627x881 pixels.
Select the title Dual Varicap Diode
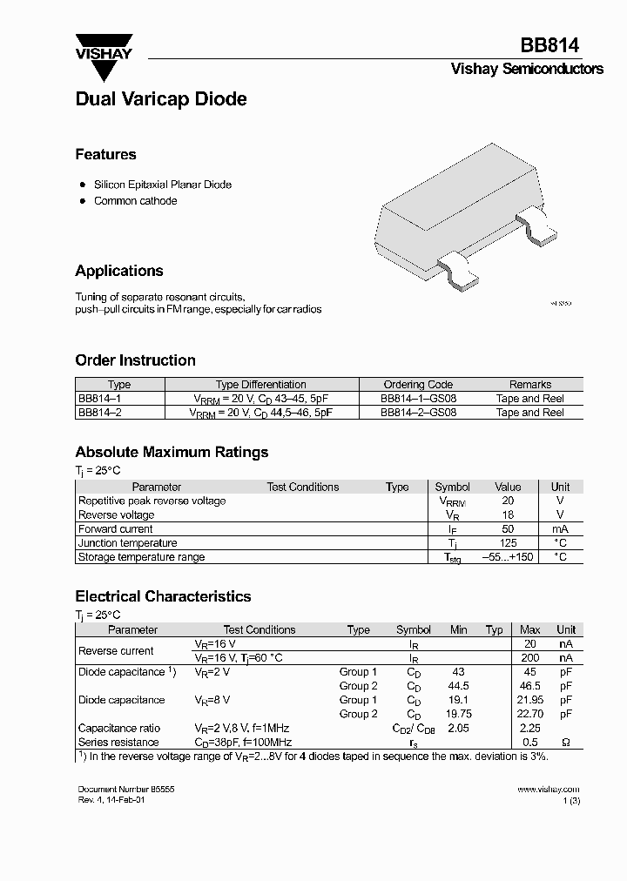coord(161,99)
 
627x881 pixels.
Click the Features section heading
coord(105,154)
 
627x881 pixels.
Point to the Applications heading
coord(119,271)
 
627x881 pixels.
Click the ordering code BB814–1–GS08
coord(418,399)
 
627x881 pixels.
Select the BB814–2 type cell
coord(99,413)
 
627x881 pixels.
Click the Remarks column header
coord(529,384)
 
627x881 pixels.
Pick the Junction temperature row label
coord(127,543)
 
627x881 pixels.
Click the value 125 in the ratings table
coord(508,543)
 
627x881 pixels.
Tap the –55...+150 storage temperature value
coord(508,557)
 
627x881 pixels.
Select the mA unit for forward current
coord(560,529)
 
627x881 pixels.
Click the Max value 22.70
coord(529,714)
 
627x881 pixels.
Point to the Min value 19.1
coord(458,700)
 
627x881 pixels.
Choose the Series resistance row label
coord(118,743)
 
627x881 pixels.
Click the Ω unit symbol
coord(566,743)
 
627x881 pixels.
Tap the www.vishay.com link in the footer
coord(548,789)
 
